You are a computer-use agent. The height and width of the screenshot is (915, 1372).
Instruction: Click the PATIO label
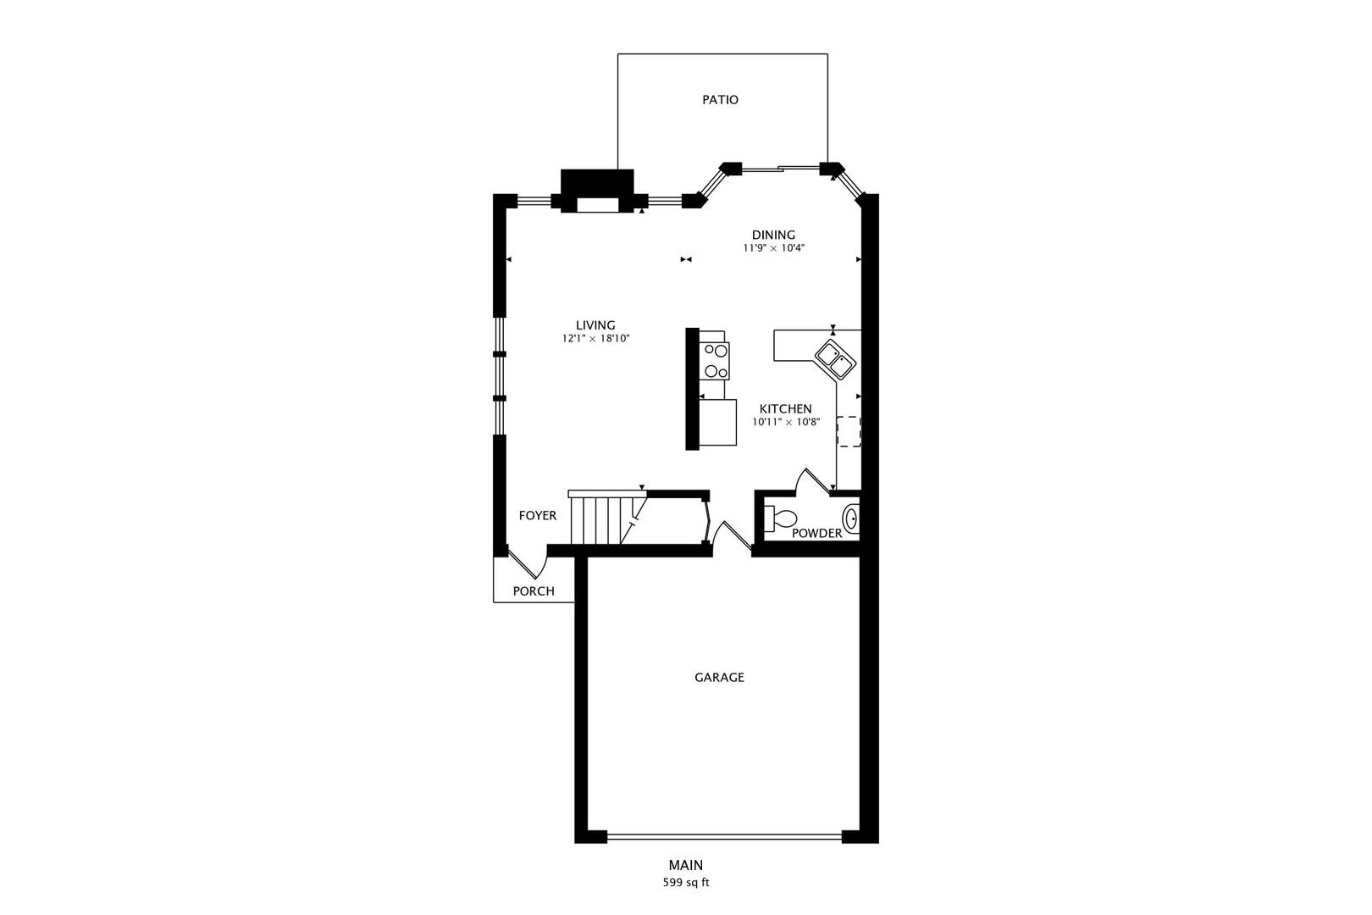[x=720, y=100]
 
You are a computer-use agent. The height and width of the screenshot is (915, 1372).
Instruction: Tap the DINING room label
[x=773, y=235]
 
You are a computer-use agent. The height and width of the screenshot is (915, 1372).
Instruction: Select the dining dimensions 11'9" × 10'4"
[x=773, y=248]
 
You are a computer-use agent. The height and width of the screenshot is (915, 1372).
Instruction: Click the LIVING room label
[x=595, y=324]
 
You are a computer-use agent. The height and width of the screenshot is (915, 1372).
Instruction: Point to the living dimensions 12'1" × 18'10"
[x=595, y=338]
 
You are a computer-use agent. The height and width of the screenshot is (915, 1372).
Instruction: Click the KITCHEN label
[x=785, y=408]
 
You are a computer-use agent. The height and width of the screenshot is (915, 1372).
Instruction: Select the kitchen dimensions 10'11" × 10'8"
[x=785, y=422]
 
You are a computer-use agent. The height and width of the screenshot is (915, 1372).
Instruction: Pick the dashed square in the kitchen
[x=848, y=431]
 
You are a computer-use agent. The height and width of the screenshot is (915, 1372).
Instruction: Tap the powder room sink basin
[x=851, y=517]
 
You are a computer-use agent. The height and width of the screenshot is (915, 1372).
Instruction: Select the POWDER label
[x=816, y=533]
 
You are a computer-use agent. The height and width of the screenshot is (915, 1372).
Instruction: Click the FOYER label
[x=538, y=515]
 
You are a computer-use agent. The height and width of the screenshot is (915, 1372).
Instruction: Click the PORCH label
[x=534, y=591]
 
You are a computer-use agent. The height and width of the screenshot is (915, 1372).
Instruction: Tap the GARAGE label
[x=719, y=677]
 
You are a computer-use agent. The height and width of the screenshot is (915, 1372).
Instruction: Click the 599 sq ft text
[x=685, y=883]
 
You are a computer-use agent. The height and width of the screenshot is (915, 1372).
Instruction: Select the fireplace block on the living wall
[x=597, y=191]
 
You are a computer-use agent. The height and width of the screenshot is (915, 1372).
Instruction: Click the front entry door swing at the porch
[x=525, y=563]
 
